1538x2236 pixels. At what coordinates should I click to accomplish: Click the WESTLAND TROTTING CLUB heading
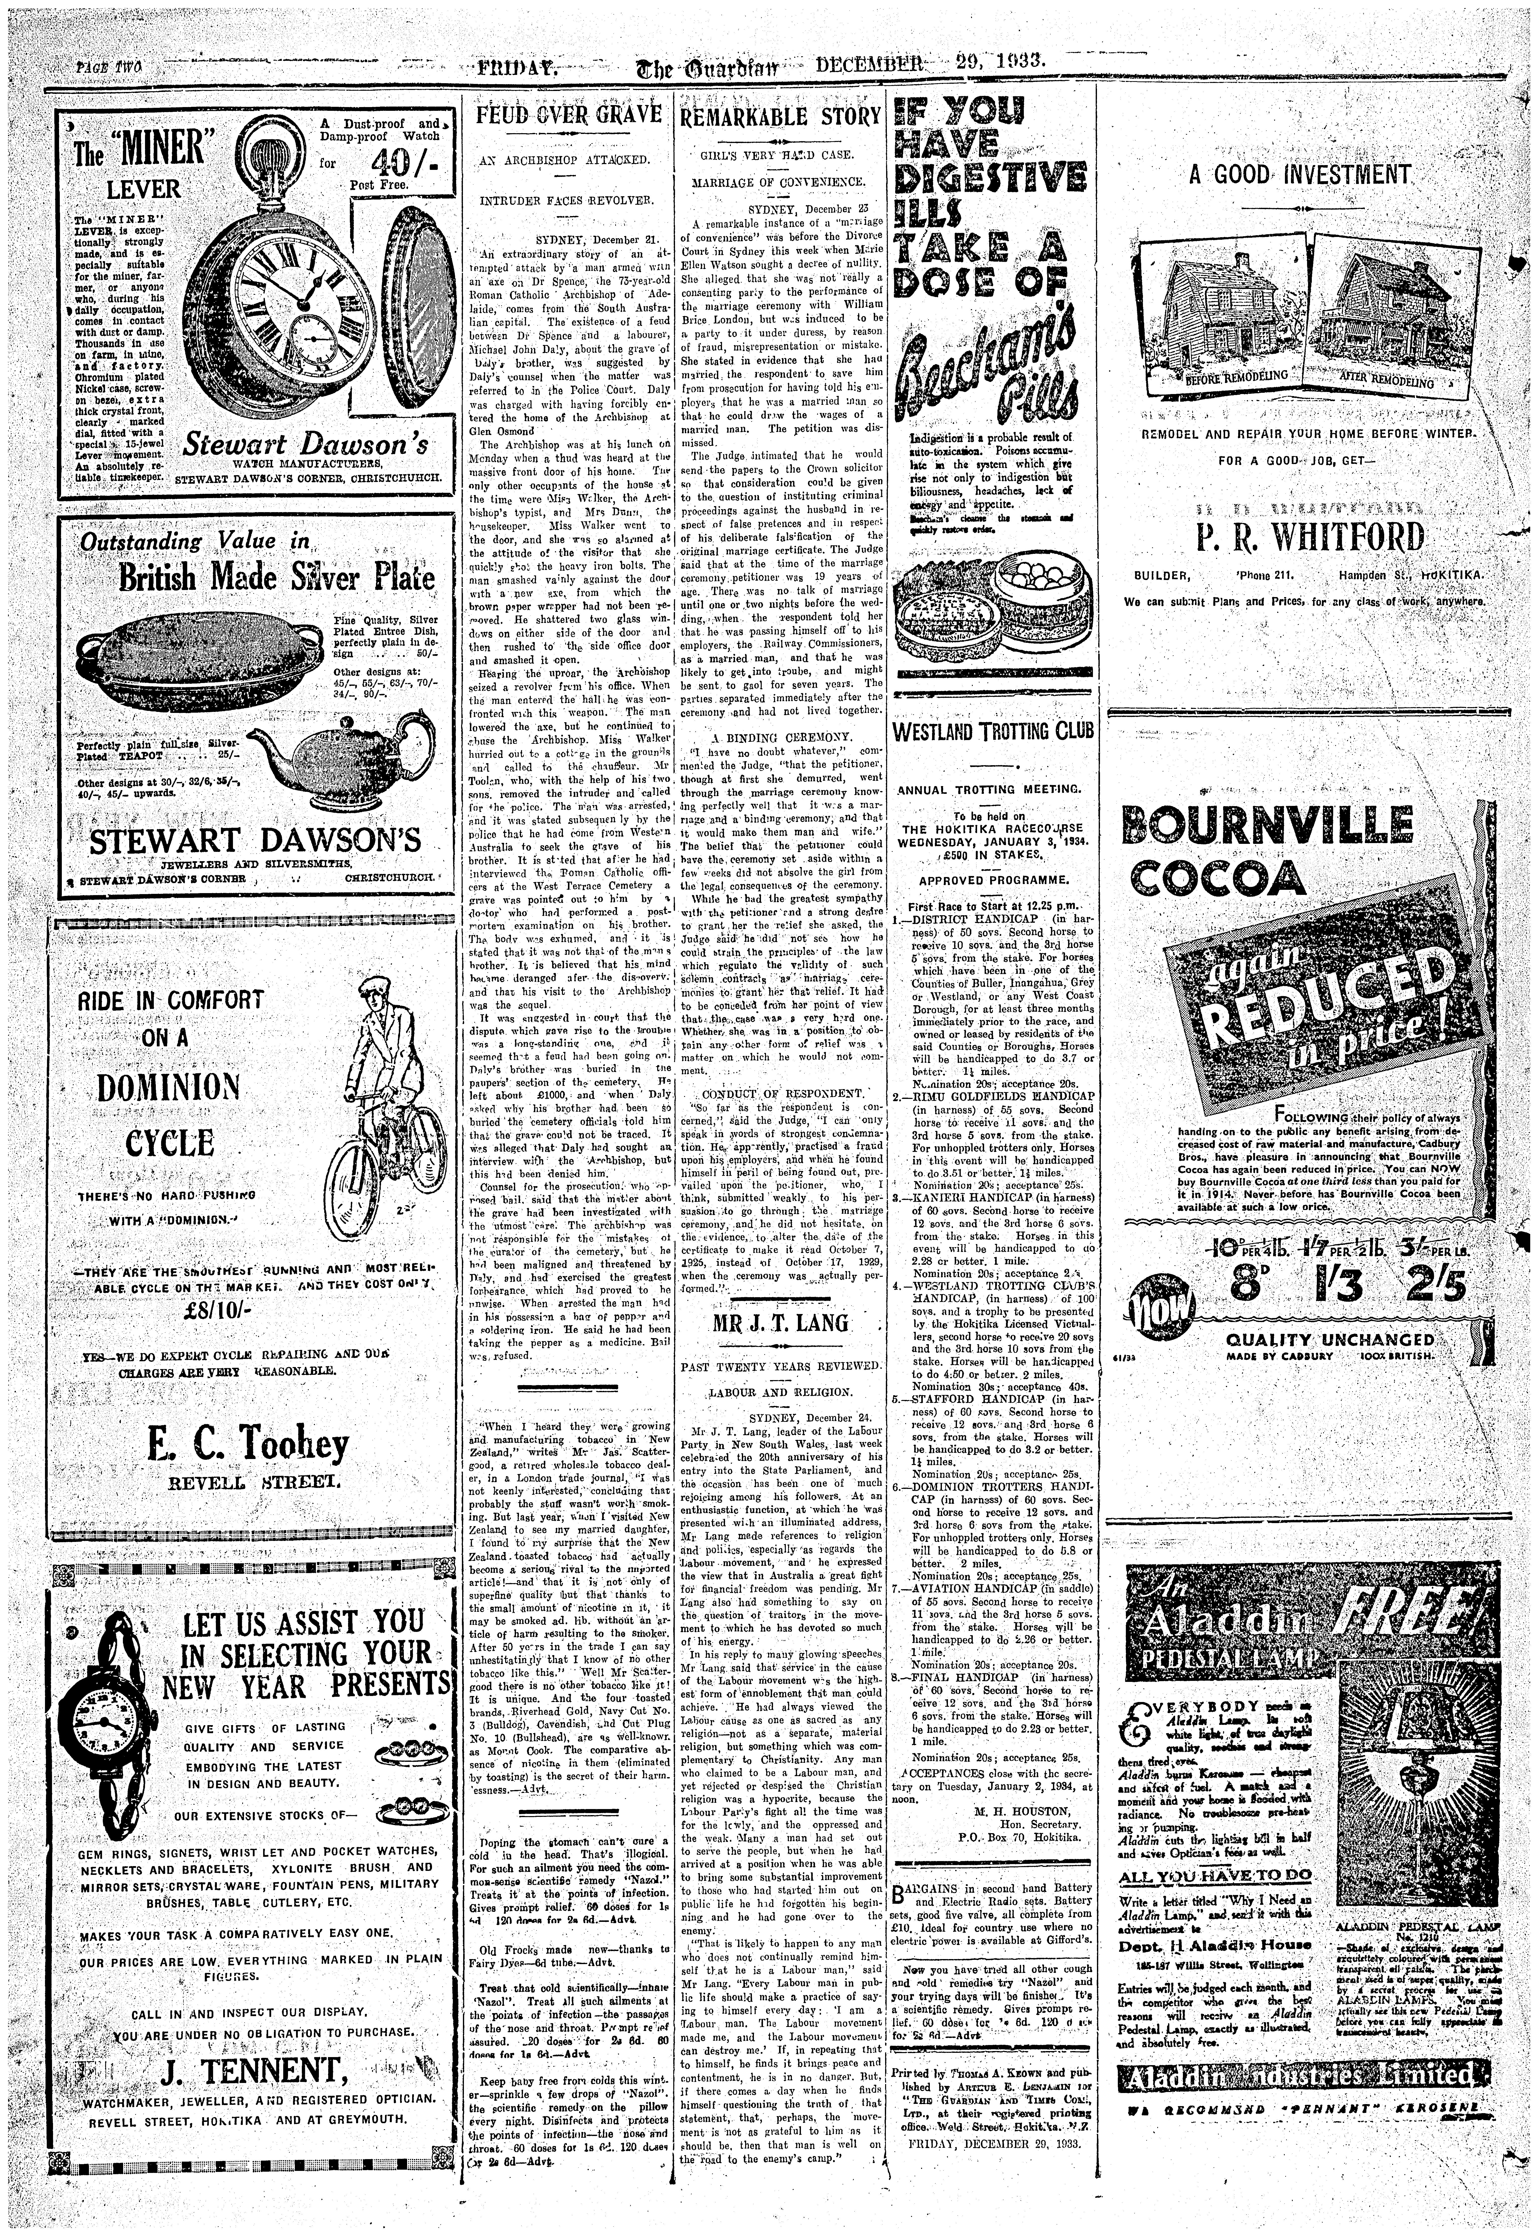pyautogui.click(x=994, y=730)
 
